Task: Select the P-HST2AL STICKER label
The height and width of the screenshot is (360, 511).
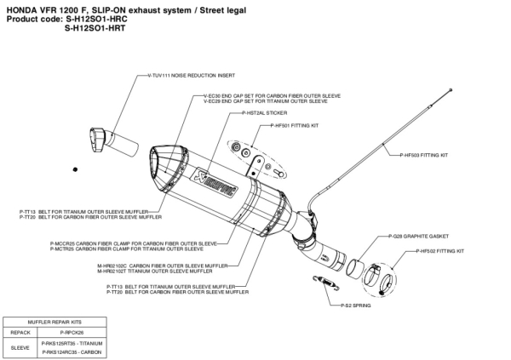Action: tap(265, 112)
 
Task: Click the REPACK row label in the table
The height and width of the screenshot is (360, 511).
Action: tap(20, 331)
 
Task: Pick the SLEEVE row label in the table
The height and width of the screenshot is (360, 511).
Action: tap(20, 346)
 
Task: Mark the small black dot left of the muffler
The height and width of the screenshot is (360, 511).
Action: tap(75, 171)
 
